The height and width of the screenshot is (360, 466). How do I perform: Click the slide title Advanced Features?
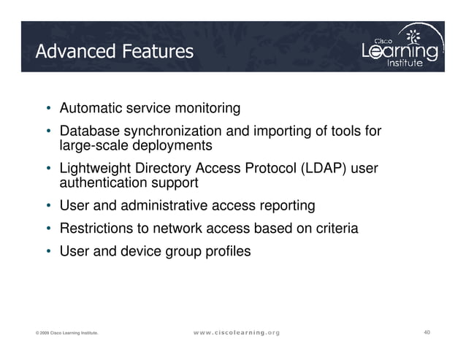point(115,52)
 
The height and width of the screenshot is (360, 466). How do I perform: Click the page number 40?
point(427,333)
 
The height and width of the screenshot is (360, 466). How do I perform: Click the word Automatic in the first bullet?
point(89,109)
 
